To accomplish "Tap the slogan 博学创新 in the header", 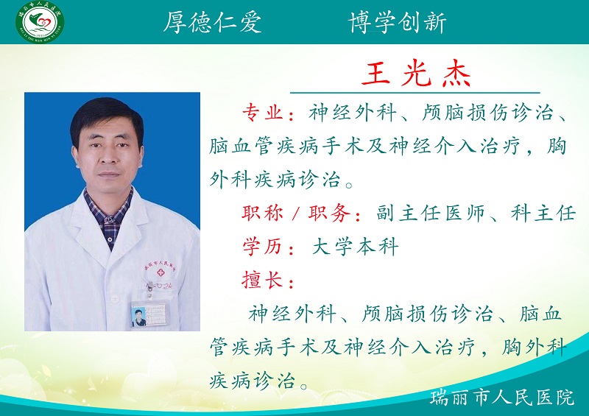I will (397, 23).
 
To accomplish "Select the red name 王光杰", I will (415, 74).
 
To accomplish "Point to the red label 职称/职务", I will (300, 214).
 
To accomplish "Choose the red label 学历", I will (263, 247).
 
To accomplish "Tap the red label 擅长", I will (263, 280).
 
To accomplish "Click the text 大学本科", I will (355, 247).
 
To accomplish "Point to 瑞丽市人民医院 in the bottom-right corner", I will (502, 398).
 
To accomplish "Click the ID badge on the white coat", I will (149, 314).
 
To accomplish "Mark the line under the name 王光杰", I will (415, 93).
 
